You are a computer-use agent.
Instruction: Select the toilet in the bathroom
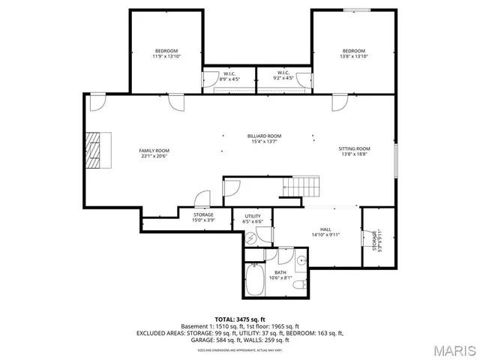click(x=298, y=286)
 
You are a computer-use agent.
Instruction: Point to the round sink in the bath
click(x=301, y=260)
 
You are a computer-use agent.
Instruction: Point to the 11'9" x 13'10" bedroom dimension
click(x=166, y=56)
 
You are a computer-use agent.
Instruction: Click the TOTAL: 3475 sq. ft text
click(x=240, y=319)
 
